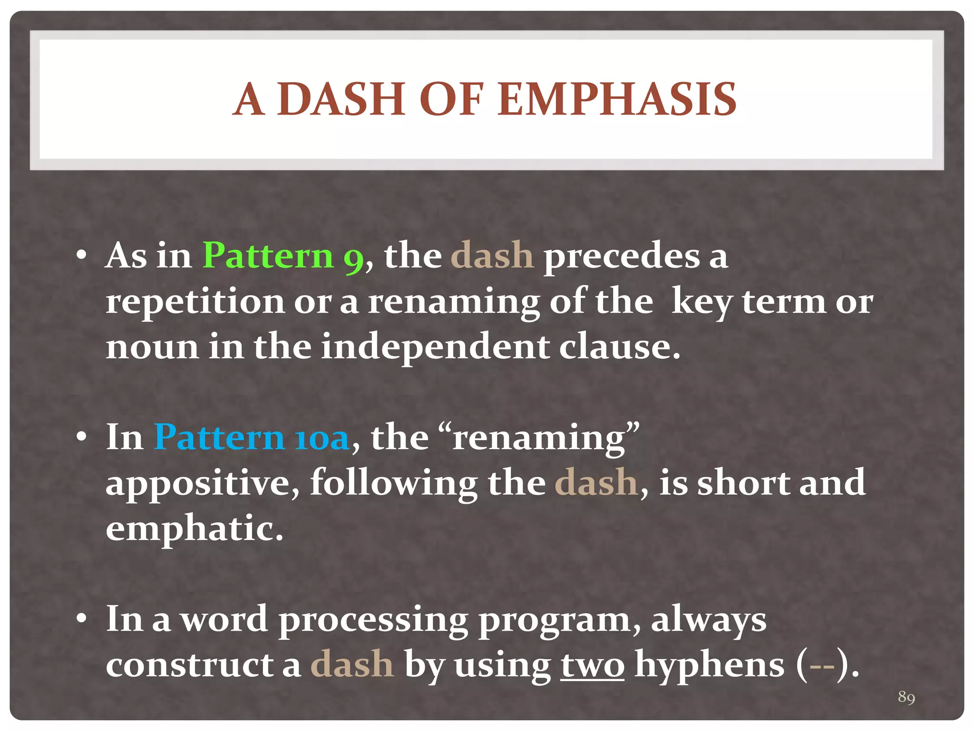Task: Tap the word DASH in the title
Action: [341, 99]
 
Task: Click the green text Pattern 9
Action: [283, 256]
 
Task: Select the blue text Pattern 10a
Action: [252, 437]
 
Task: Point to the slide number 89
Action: [906, 697]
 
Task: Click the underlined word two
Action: [592, 665]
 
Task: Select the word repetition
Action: [195, 302]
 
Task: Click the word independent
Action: [435, 347]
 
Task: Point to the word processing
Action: [373, 620]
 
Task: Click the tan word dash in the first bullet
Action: [492, 256]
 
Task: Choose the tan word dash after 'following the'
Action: [596, 483]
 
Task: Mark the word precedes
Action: [622, 256]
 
